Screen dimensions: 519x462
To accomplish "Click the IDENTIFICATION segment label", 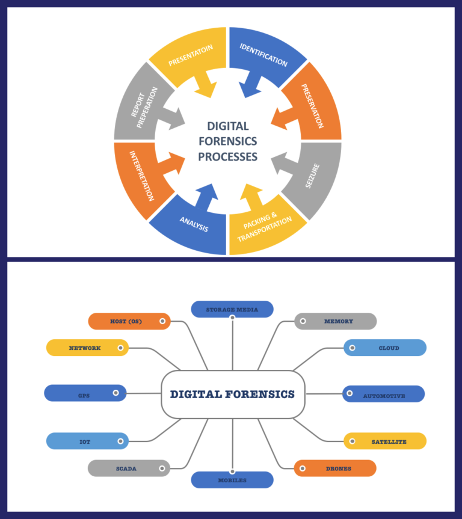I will pos(263,54).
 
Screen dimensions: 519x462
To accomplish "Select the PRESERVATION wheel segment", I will pos(312,106).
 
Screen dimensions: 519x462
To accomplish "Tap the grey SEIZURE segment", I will pos(312,176).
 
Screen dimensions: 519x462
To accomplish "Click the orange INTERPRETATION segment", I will pos(142,176).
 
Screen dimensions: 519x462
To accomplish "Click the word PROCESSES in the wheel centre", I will pos(228,157).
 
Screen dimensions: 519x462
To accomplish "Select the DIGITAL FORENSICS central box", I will pos(233,395).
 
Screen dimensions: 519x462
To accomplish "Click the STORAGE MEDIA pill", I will pos(232,310).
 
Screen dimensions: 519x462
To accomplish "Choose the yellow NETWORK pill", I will pos(87,348).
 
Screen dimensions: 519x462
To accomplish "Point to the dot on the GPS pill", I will pos(115,393).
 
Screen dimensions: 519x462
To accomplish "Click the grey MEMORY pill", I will pos(335,321).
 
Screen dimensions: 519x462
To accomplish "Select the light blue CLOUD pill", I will pos(385,348).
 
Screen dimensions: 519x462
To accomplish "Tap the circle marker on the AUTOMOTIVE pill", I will pos(349,395).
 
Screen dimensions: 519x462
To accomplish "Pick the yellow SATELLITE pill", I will pos(385,441).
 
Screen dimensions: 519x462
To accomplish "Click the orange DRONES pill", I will pos(335,468).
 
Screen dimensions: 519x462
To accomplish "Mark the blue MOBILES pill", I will pos(232,480).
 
